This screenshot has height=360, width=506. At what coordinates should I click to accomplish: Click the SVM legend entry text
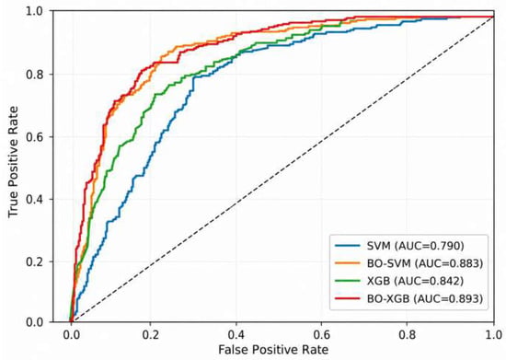[415, 246]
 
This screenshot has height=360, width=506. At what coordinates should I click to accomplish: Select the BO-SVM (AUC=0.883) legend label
[425, 263]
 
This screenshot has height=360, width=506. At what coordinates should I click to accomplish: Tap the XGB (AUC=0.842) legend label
[415, 281]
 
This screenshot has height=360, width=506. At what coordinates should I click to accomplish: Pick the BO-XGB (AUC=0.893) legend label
[425, 298]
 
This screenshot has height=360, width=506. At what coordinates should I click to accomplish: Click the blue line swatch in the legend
[348, 246]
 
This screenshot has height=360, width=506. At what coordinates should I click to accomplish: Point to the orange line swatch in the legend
[348, 263]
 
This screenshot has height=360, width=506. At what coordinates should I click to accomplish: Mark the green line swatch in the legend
[348, 281]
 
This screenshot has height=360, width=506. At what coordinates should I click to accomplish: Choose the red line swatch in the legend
[348, 298]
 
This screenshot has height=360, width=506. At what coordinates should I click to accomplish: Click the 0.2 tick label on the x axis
[150, 334]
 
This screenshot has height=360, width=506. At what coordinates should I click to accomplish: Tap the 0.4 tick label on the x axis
[236, 334]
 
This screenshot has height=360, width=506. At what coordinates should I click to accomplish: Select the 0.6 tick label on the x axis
[322, 334]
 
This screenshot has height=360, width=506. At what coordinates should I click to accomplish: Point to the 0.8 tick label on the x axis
[408, 334]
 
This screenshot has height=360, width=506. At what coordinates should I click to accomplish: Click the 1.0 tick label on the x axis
[493, 334]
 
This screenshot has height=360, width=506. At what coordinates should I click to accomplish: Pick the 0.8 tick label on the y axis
[35, 74]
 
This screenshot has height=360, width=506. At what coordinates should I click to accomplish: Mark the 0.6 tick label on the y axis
[35, 136]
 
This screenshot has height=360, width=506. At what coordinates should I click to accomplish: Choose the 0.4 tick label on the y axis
[35, 199]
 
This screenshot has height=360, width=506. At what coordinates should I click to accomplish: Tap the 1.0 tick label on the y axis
[35, 12]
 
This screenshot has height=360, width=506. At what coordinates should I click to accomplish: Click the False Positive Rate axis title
[273, 350]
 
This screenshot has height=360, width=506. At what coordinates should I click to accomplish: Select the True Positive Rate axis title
[14, 162]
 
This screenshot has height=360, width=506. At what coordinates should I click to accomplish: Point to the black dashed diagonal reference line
[282, 169]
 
